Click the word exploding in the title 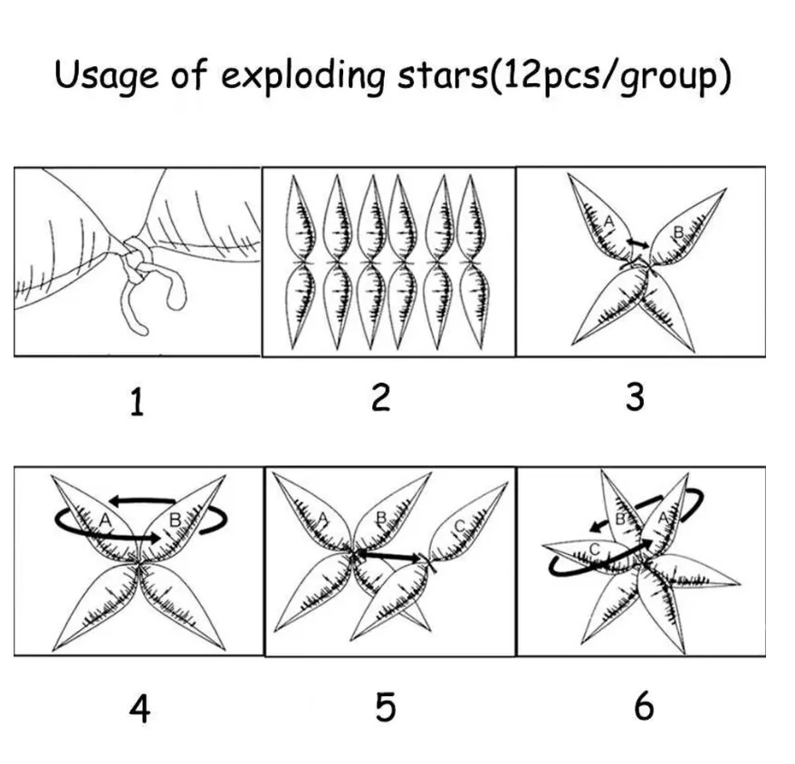[302, 76]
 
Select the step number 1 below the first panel [138, 402]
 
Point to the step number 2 [381, 397]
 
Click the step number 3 [636, 397]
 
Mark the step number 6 [644, 706]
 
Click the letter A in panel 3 [608, 222]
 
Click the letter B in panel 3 [678, 233]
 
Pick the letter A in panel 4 [105, 520]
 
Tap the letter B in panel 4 [175, 520]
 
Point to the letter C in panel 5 [459, 527]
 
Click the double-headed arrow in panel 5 [390, 555]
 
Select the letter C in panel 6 [595, 549]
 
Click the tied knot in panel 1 [136, 256]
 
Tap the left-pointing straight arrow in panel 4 [142, 501]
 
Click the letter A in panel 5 [323, 518]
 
